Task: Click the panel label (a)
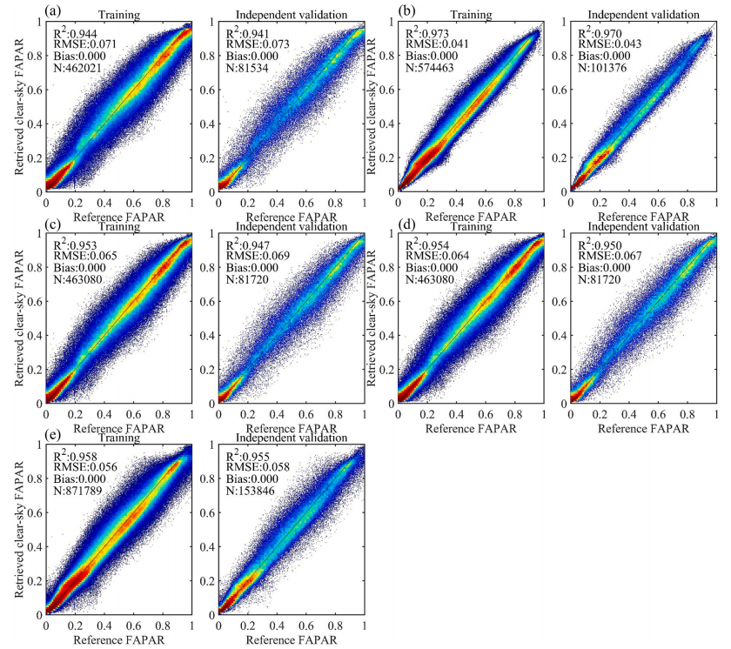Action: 54,10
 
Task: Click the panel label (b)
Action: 406,10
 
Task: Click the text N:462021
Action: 77,68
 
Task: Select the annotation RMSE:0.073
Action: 258,44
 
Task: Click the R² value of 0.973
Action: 427,32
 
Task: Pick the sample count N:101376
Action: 602,68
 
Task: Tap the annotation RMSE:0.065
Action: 85,256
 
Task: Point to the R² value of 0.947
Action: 248,244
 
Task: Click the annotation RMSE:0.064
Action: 437,256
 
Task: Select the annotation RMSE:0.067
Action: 610,256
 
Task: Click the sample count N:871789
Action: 77,491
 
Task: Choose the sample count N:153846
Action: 251,491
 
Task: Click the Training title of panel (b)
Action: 471,15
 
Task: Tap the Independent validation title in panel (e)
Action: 292,438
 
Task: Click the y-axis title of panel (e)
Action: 18,530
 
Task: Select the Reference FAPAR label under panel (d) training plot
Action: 471,428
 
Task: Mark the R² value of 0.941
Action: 248,32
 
